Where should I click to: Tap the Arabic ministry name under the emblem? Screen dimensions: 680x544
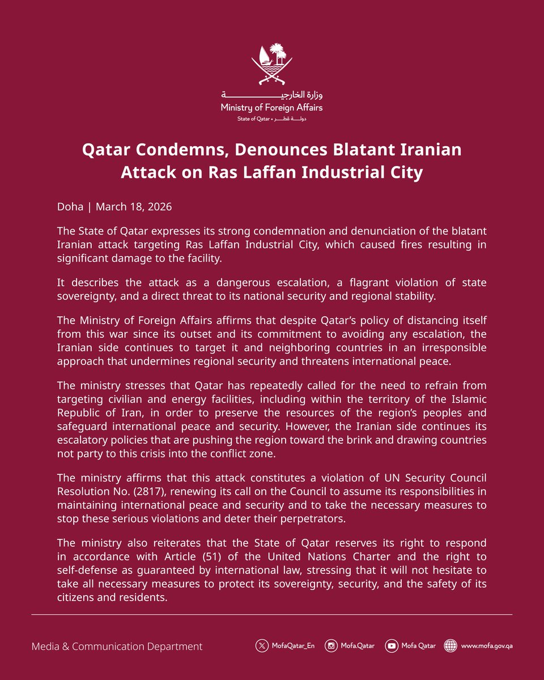coord(272,95)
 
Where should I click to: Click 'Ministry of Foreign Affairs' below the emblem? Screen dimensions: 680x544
coord(272,107)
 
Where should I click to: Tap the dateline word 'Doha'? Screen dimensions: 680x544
coord(70,207)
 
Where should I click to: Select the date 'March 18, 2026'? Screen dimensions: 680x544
coord(134,207)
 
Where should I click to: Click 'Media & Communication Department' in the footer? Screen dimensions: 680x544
coord(117,646)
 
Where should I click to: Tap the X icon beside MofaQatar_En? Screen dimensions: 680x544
coord(261,645)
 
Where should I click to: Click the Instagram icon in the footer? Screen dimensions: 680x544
coord(331,645)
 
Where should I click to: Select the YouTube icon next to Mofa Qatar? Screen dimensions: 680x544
coord(391,645)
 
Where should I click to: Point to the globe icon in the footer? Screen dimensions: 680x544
coord(450,645)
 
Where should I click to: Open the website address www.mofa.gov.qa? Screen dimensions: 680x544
coord(487,645)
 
